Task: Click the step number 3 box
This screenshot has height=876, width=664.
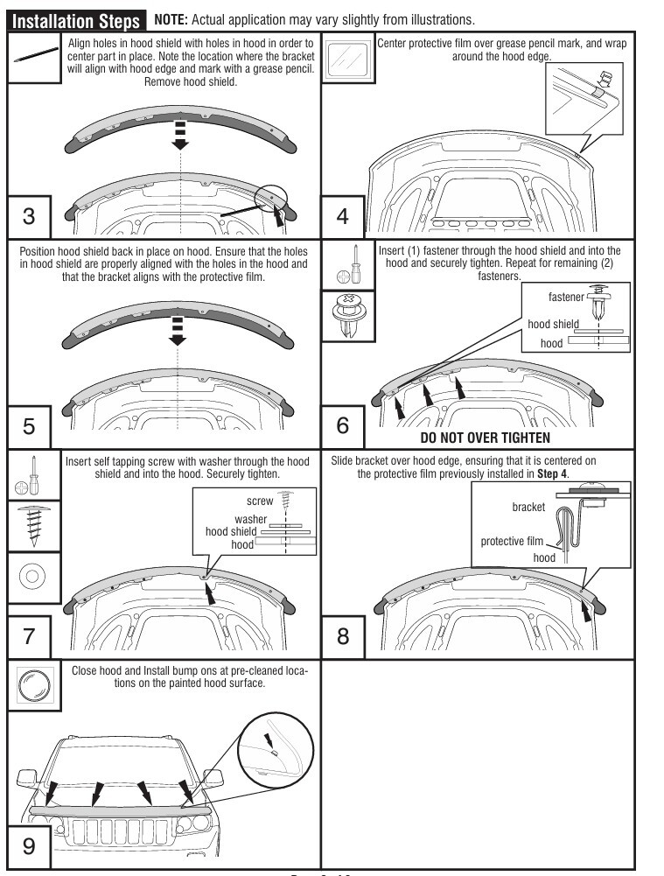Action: pos(29,216)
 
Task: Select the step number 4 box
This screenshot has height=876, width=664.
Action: pos(343,216)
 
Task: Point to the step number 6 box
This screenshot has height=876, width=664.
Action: pos(343,426)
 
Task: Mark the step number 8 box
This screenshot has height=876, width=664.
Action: pos(343,636)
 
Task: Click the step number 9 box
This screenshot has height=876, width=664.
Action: pos(29,847)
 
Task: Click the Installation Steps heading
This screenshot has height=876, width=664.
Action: pos(74,18)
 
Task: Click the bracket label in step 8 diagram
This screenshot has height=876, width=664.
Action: pos(528,507)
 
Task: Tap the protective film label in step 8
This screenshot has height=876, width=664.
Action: pos(512,541)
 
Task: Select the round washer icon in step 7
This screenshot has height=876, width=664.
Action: pos(32,577)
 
